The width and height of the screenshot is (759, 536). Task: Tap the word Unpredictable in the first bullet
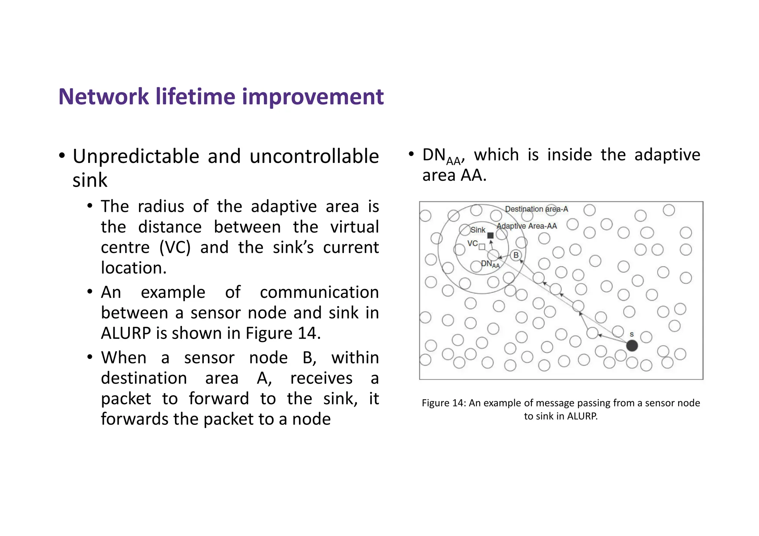click(x=136, y=156)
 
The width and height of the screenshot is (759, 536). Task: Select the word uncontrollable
click(x=314, y=156)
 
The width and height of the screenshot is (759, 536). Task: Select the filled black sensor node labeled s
click(x=632, y=346)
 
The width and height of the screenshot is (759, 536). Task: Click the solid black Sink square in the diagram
click(x=490, y=235)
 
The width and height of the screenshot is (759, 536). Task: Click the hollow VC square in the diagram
click(x=482, y=247)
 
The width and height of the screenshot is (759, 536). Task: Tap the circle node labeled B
click(x=516, y=255)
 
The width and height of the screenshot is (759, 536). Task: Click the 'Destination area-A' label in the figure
click(x=536, y=209)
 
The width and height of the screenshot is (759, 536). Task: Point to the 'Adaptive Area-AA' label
click(x=527, y=226)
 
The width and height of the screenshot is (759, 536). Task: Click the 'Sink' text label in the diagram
click(x=478, y=230)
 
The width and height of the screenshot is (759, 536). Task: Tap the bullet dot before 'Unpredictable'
click(x=62, y=156)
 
